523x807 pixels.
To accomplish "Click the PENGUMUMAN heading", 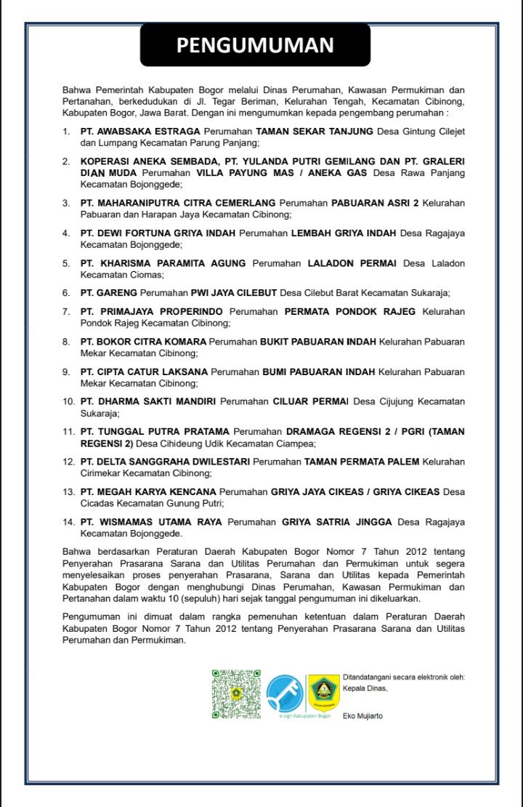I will (255, 45).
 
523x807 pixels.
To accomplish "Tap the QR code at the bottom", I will (236, 694).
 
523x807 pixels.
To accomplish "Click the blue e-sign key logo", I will (285, 693).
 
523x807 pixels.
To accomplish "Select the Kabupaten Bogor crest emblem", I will (323, 693).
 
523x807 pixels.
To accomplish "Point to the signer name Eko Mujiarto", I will (362, 716).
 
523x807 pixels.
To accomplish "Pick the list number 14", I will (68, 522).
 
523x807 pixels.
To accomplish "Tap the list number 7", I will (66, 311).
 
